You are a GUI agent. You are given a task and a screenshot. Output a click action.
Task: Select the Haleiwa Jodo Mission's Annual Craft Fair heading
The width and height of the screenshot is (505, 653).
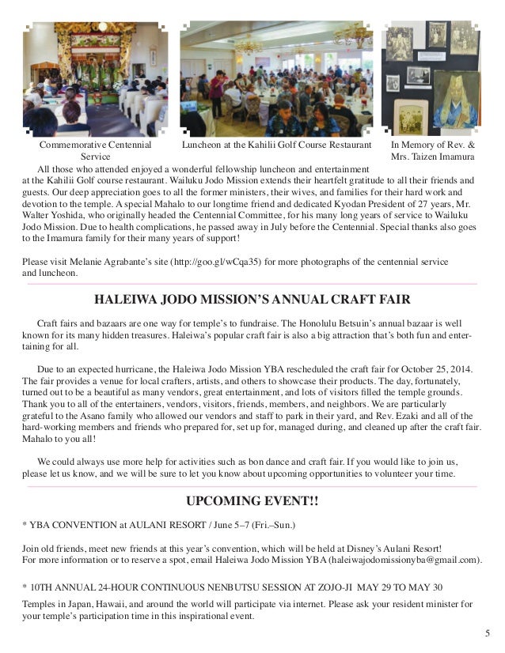click(x=252, y=300)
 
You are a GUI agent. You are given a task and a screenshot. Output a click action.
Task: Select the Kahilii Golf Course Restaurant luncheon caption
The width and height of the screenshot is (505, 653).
click(x=276, y=146)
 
